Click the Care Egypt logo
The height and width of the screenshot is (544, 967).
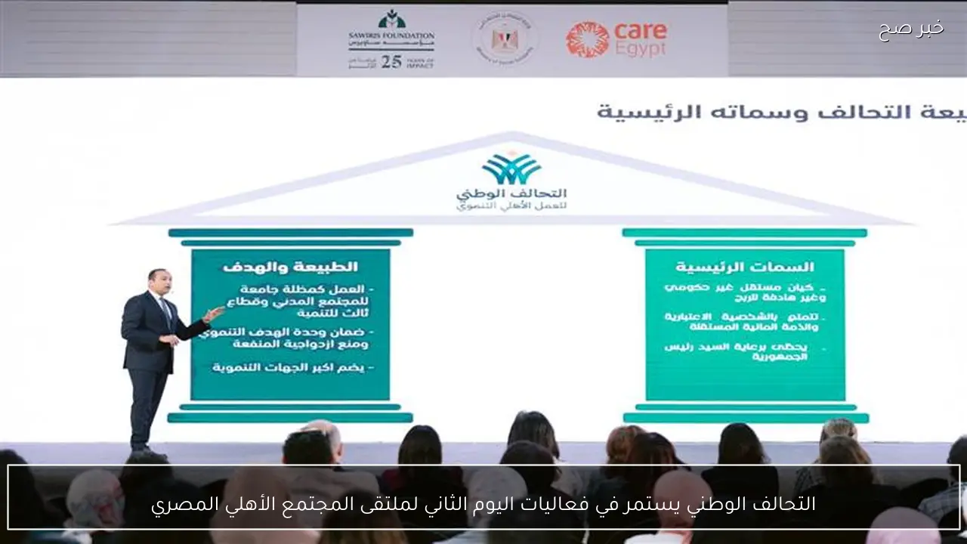[616, 39]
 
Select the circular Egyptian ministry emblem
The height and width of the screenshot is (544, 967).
[505, 38]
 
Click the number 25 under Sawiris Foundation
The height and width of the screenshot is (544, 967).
[391, 62]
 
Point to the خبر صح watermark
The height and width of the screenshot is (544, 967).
[910, 29]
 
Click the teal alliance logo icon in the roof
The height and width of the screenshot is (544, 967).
[511, 168]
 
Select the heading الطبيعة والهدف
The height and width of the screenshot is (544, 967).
[290, 267]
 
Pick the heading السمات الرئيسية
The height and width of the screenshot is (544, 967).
[744, 267]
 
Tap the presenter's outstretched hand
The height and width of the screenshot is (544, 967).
[215, 314]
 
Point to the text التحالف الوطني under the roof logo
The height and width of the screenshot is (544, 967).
[511, 194]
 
